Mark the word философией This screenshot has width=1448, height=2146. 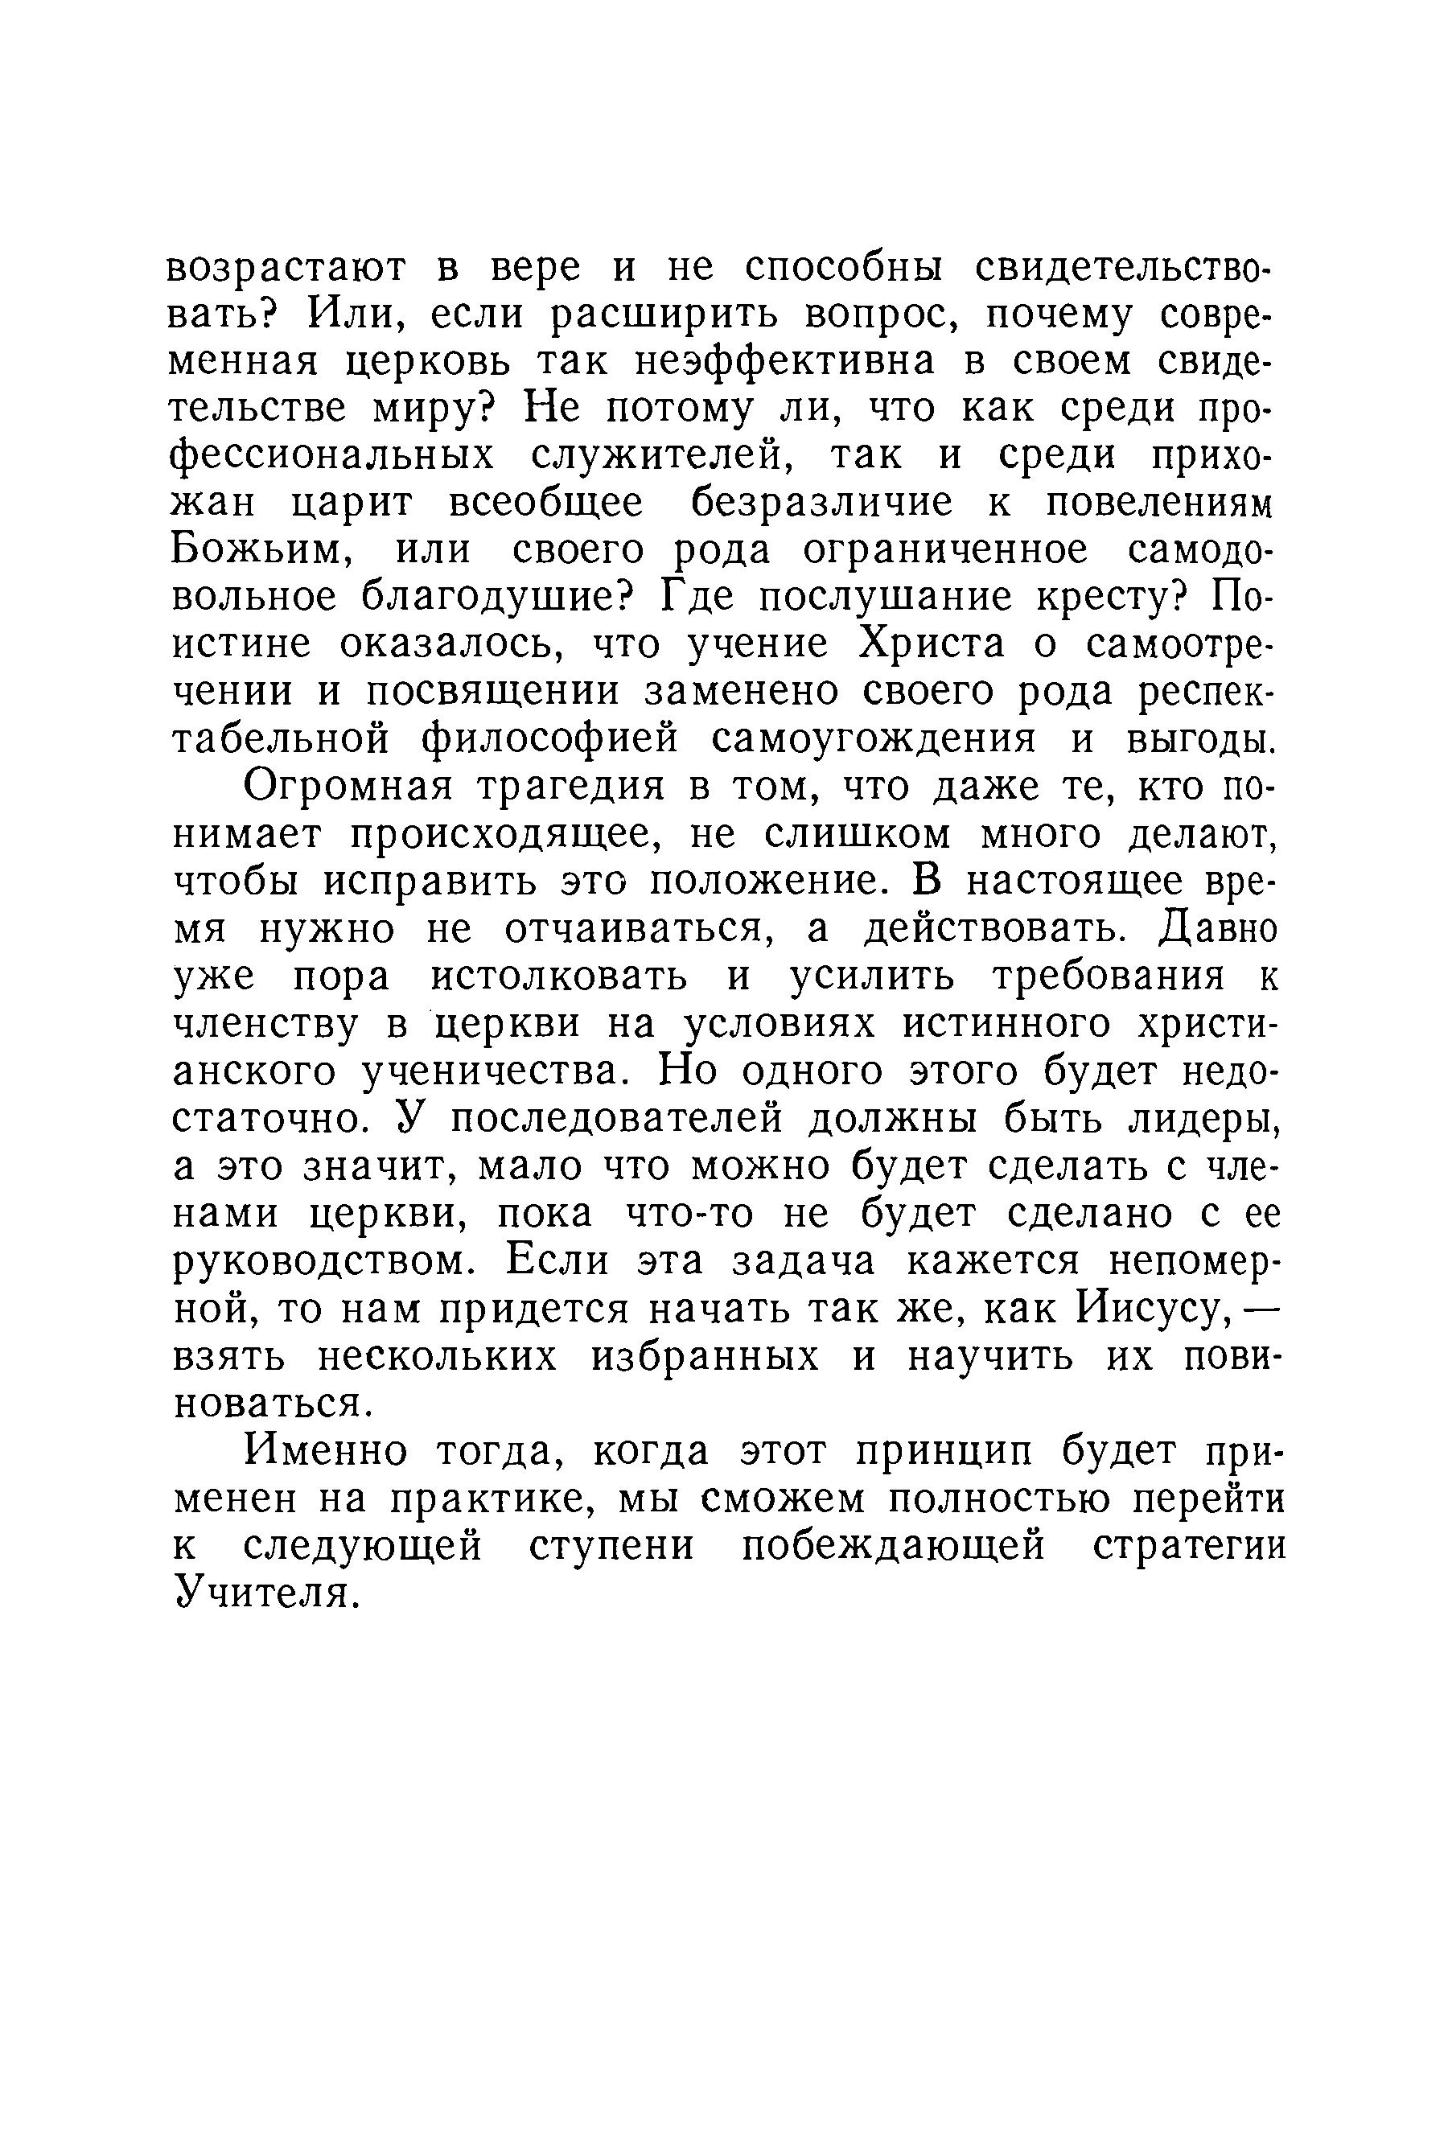pyautogui.click(x=549, y=740)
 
